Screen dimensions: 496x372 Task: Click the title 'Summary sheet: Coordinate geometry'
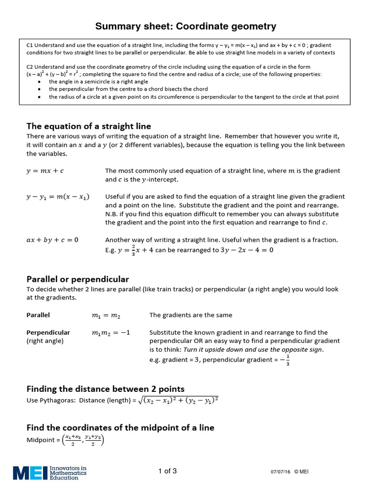(x=186, y=26)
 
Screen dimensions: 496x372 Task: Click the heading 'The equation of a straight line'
(x=89, y=126)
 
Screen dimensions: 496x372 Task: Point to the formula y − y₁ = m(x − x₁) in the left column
(x=58, y=197)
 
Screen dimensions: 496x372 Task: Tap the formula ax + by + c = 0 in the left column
(x=52, y=240)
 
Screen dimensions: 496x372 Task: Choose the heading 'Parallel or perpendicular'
(x=77, y=279)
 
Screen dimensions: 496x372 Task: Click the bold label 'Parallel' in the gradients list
(x=38, y=315)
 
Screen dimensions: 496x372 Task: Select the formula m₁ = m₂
(x=106, y=315)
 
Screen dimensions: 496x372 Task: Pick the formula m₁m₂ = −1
(x=111, y=333)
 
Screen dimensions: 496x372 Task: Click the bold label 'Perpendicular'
(x=48, y=332)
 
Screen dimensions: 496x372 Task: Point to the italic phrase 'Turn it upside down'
(x=214, y=350)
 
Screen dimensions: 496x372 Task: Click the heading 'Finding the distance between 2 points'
(x=105, y=389)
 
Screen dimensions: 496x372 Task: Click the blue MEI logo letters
(x=30, y=473)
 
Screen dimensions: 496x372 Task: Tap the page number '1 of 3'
(x=168, y=471)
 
